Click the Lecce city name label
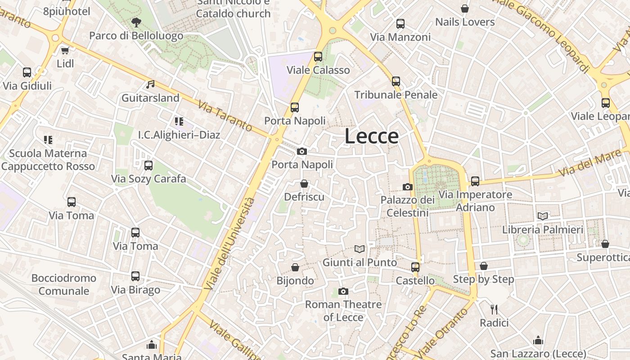coord(372,136)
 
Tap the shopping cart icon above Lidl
coord(65,50)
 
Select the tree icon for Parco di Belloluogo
coord(136,22)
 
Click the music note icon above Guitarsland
coord(150,84)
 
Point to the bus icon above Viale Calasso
coord(318,57)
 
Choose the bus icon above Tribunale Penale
coord(396,81)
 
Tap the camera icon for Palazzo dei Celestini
coord(408,187)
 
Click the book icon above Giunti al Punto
coord(360,249)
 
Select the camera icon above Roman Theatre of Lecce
coord(343,291)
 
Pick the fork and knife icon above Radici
coord(494,309)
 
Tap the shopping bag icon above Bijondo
coord(295,267)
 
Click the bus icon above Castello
coord(415,267)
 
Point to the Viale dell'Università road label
coord(229,243)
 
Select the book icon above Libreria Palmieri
coord(543,216)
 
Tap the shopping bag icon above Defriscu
coord(304,184)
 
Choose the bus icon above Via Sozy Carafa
coord(148,166)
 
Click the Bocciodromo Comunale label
coord(63,284)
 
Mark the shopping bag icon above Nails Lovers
coord(465,9)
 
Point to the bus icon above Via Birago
coord(135,276)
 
